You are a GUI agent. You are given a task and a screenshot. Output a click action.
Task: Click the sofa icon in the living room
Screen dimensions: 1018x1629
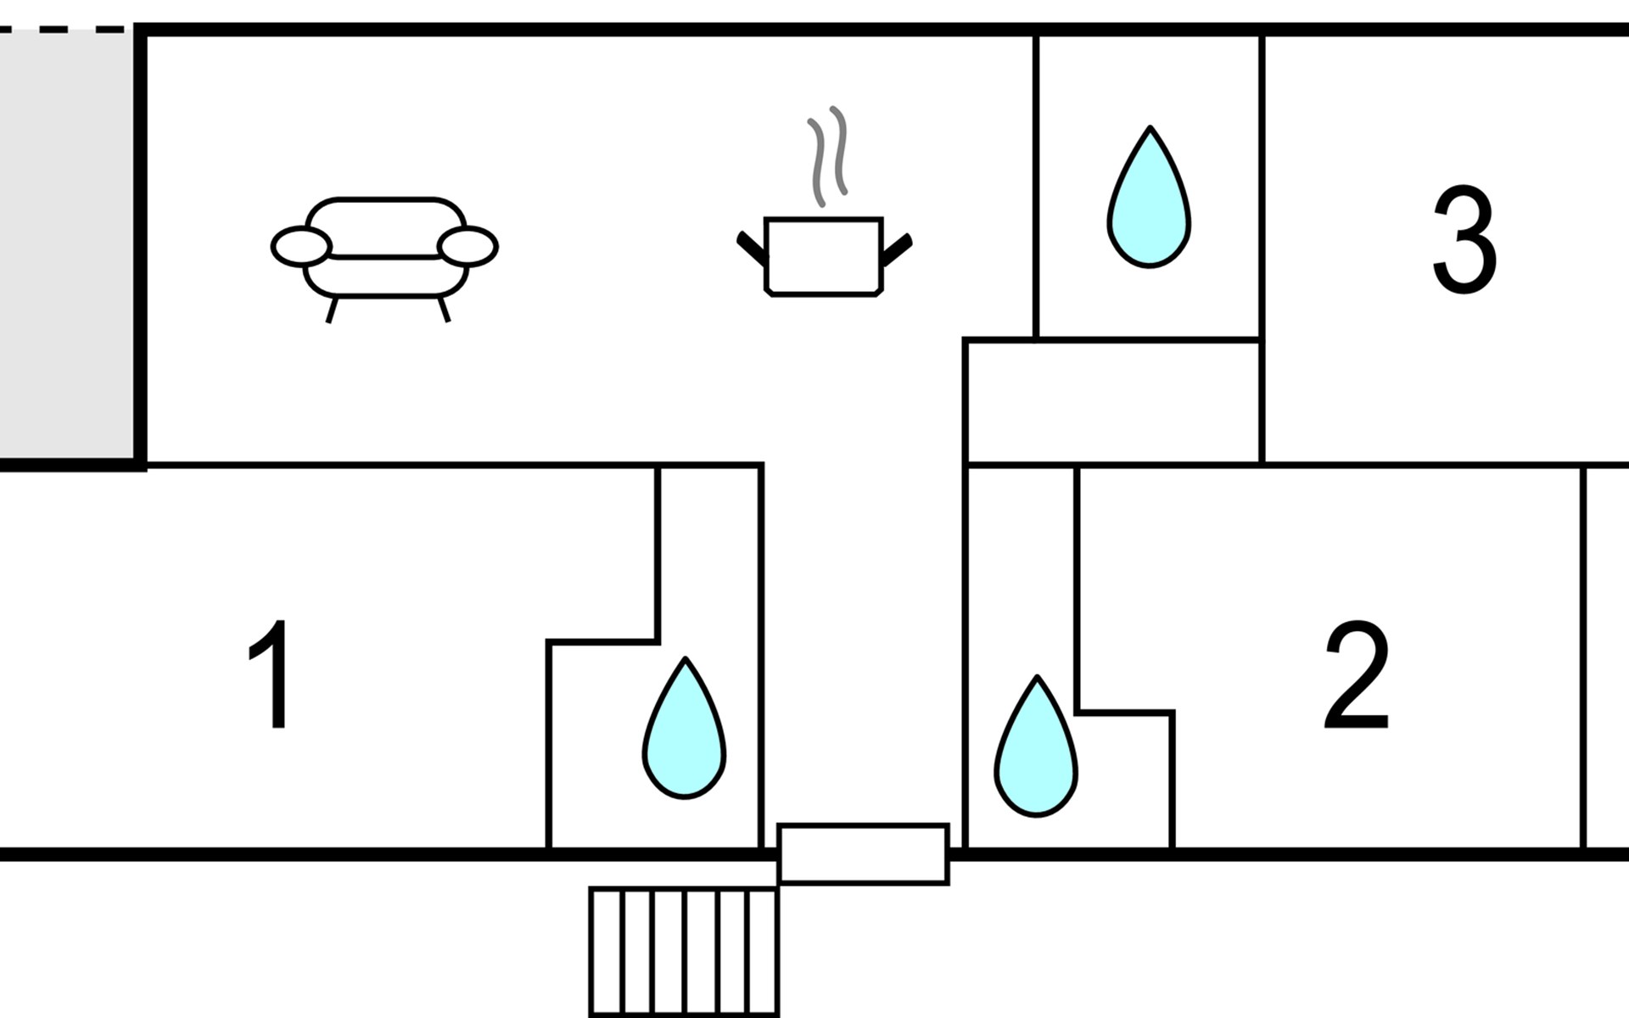coord(384,250)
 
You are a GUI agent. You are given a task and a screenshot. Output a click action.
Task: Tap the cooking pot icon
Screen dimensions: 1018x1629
coord(823,256)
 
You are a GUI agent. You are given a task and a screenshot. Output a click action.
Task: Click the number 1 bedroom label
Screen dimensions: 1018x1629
coord(271,674)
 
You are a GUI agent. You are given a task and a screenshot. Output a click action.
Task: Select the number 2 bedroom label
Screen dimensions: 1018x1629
coord(1357,676)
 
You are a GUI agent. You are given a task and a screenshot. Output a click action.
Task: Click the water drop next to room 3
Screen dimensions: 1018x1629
coord(1149,199)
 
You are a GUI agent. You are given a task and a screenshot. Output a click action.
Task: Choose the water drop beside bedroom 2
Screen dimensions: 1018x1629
coord(1036,749)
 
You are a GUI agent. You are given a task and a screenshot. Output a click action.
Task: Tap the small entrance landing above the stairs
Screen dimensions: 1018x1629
coord(863,854)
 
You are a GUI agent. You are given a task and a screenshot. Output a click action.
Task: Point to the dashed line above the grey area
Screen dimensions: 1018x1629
coord(64,31)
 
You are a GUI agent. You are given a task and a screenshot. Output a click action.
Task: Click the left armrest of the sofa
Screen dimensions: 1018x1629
coord(300,246)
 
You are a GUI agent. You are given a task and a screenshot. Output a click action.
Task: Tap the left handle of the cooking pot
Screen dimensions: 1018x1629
coord(751,249)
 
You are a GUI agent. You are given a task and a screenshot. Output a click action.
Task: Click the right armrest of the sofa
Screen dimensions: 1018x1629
coord(467,246)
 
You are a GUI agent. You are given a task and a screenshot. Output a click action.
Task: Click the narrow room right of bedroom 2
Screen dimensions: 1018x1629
coord(1606,657)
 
